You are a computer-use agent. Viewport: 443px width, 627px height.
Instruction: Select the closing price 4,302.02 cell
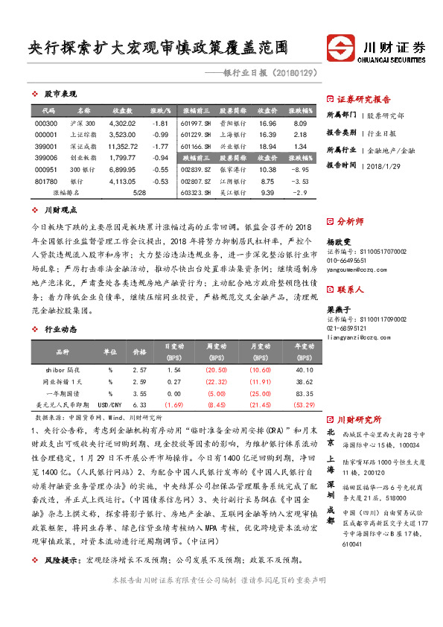122,123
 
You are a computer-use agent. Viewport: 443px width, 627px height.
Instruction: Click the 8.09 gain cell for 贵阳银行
300,123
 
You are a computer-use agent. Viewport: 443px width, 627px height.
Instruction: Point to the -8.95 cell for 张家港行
299,170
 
